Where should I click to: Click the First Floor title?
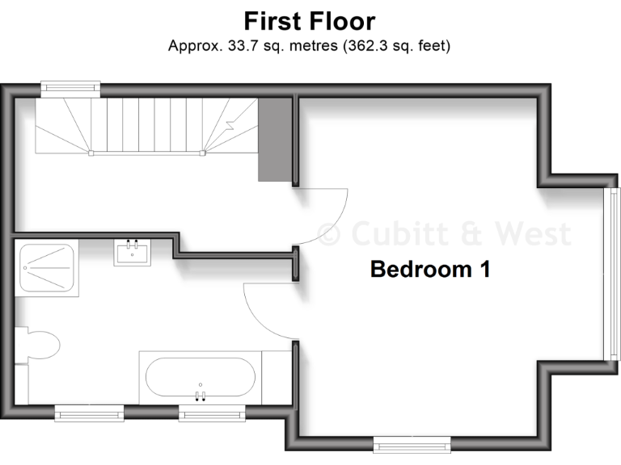(x=310, y=19)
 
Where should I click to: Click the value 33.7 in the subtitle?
(x=240, y=45)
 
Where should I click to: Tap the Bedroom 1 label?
(x=429, y=269)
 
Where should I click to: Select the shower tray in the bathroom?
(x=46, y=269)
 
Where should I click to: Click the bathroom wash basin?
(x=132, y=253)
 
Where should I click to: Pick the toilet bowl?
(x=42, y=346)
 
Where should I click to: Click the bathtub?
(x=201, y=376)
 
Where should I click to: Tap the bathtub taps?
(x=201, y=395)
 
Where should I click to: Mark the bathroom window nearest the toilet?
(x=89, y=414)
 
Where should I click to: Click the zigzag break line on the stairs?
(x=231, y=125)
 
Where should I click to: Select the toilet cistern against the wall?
(x=21, y=345)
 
